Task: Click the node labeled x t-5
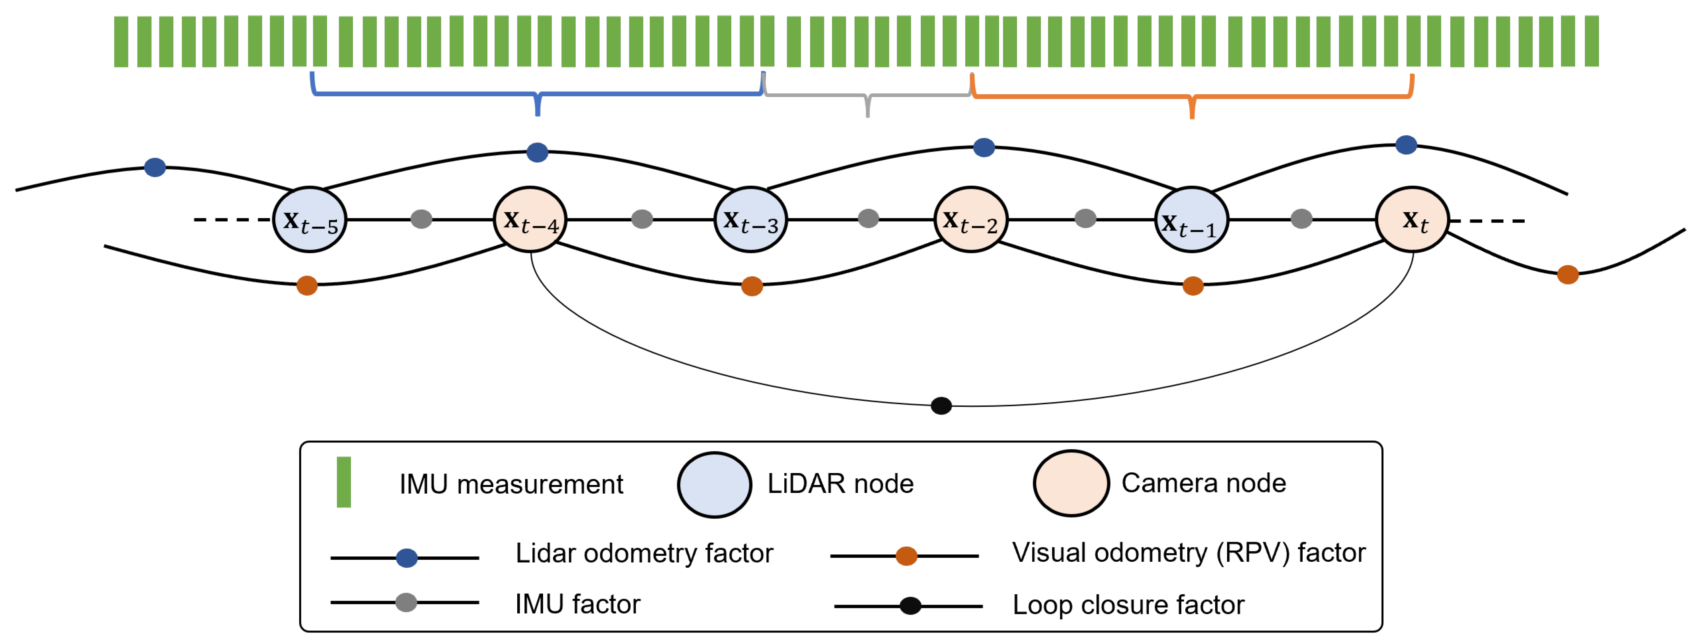point(309,219)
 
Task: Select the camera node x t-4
point(530,219)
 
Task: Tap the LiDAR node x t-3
point(750,219)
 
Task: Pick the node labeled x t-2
point(971,219)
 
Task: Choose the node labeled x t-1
point(1191,219)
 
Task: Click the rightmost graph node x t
point(1412,219)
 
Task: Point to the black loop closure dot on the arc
point(941,405)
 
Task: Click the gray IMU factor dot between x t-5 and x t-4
point(421,219)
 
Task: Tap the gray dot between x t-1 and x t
point(1301,219)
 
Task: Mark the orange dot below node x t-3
point(752,286)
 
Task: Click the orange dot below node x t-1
point(1193,285)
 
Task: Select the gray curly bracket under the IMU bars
point(867,97)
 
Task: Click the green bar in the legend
point(344,482)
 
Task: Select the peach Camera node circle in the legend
point(1071,483)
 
